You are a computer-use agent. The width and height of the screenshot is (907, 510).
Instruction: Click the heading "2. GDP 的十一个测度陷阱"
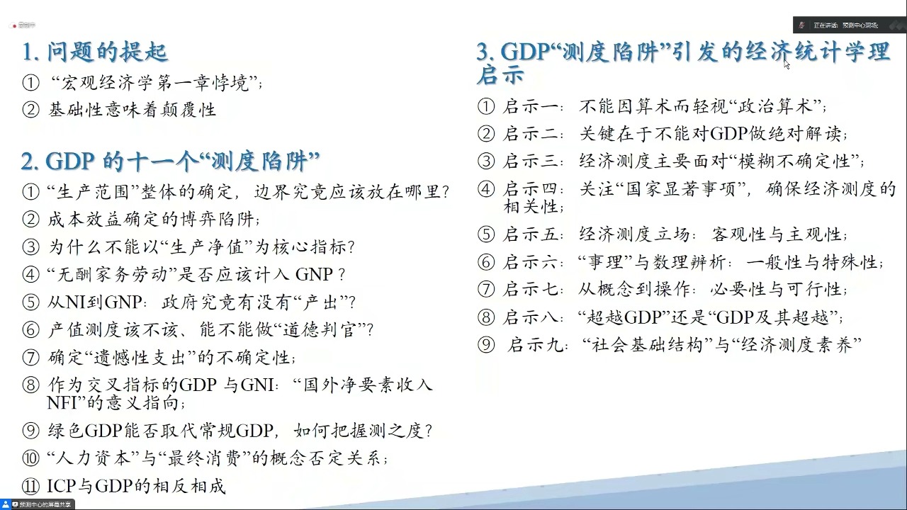170,161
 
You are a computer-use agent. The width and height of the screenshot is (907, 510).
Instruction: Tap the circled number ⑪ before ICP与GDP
30,487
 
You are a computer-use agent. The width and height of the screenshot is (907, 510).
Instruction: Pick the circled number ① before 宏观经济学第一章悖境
30,84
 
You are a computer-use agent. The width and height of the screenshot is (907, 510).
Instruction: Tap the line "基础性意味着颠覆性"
132,110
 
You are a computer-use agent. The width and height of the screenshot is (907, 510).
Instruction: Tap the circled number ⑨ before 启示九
486,346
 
